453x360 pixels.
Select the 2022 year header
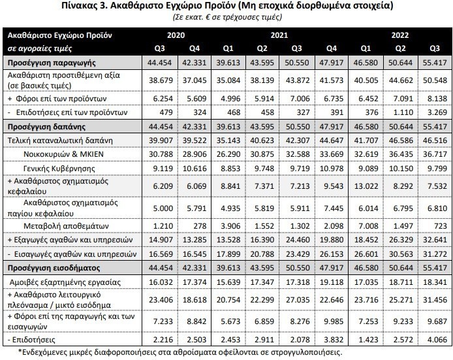point(400,35)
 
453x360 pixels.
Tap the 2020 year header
point(176,35)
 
